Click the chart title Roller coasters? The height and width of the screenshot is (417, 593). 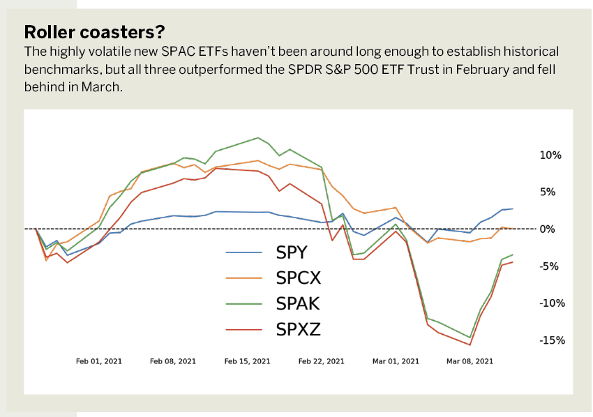[x=95, y=32]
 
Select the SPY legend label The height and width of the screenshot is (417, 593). [x=291, y=252]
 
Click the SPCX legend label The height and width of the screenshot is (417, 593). [x=298, y=278]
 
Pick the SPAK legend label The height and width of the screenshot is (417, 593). [x=298, y=303]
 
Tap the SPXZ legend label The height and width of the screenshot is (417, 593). [x=298, y=329]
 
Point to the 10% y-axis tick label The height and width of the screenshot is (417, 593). [x=550, y=155]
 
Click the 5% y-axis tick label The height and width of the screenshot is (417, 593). [x=548, y=192]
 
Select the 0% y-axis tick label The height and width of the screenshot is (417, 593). [x=548, y=229]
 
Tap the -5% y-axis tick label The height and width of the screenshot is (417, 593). [x=549, y=266]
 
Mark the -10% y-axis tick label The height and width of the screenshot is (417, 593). [x=552, y=303]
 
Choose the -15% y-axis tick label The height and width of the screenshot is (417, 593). [x=552, y=340]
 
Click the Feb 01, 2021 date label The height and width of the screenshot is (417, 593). [x=98, y=361]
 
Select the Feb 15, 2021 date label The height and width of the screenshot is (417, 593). [x=248, y=361]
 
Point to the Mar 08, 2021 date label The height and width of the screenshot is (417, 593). [x=470, y=361]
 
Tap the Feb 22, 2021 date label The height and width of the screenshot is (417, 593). [x=322, y=361]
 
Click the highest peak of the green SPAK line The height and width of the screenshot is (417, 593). [x=258, y=137]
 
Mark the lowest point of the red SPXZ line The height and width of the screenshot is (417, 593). [x=470, y=344]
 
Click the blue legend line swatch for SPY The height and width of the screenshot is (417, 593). [x=244, y=252]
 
